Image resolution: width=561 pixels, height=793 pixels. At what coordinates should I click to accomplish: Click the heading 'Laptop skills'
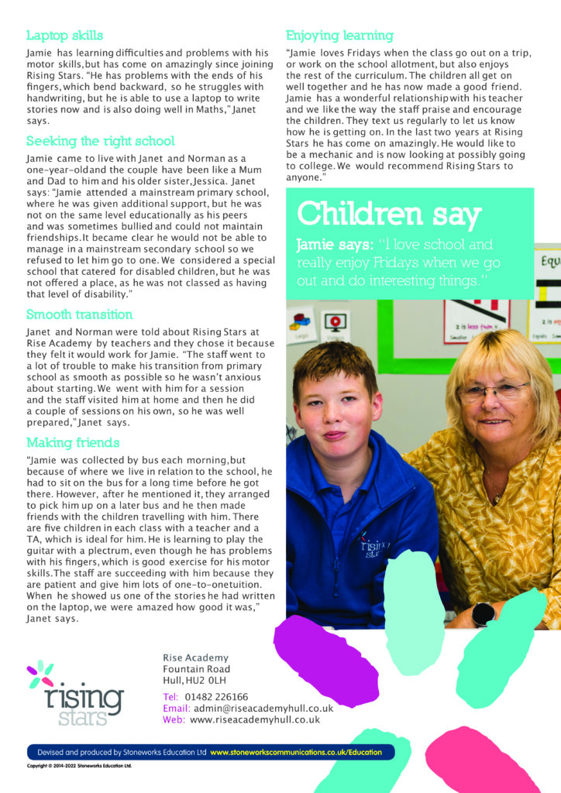pyautogui.click(x=64, y=36)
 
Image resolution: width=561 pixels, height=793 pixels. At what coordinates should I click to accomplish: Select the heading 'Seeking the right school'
pyautogui.click(x=100, y=142)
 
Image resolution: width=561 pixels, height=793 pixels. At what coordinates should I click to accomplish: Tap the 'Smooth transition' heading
pyautogui.click(x=79, y=314)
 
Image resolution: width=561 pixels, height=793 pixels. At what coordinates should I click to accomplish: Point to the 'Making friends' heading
pyautogui.click(x=73, y=443)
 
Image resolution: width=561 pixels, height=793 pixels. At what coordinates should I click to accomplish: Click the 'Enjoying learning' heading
pyautogui.click(x=339, y=36)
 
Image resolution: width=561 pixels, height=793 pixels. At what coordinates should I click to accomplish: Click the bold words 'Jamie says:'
pyautogui.click(x=332, y=245)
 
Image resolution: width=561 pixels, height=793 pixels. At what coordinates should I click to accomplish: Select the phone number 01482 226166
pyautogui.click(x=216, y=696)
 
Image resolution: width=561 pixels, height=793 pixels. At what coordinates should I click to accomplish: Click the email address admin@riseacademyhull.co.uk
pyautogui.click(x=263, y=708)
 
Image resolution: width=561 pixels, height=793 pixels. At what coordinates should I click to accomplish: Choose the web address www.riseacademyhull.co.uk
pyautogui.click(x=255, y=719)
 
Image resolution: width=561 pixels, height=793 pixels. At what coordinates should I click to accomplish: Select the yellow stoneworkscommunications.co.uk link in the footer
pyautogui.click(x=301, y=752)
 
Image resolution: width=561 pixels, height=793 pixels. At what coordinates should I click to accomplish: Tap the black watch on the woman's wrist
pyautogui.click(x=484, y=613)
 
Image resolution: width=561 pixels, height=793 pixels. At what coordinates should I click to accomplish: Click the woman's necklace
pyautogui.click(x=491, y=489)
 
